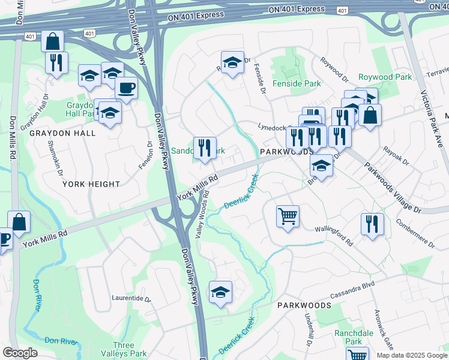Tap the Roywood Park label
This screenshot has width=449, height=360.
coord(385,77)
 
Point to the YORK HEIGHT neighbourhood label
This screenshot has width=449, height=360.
coord(91,184)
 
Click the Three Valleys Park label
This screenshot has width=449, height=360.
coord(124,349)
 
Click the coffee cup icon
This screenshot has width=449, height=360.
coord(126,88)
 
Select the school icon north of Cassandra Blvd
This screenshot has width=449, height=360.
coord(220,292)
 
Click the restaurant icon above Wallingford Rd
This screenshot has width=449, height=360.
coord(372,223)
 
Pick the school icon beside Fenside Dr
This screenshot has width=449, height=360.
coord(232,62)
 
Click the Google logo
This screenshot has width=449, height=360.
coord(20,352)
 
